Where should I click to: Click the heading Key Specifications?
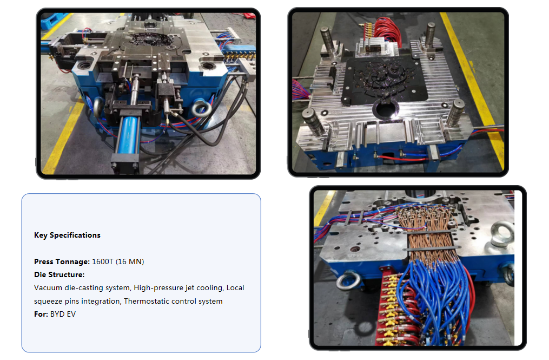(67, 235)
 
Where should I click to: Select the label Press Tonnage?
(62, 262)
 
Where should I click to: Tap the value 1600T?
(103, 262)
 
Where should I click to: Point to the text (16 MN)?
(130, 262)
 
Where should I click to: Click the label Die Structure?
(59, 275)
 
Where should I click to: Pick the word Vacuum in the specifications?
(48, 288)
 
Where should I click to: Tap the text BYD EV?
(63, 315)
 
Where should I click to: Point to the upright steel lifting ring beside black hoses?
(201, 108)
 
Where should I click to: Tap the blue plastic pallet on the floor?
(52, 21)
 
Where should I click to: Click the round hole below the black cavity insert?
(386, 109)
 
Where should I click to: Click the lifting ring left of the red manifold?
(348, 281)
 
